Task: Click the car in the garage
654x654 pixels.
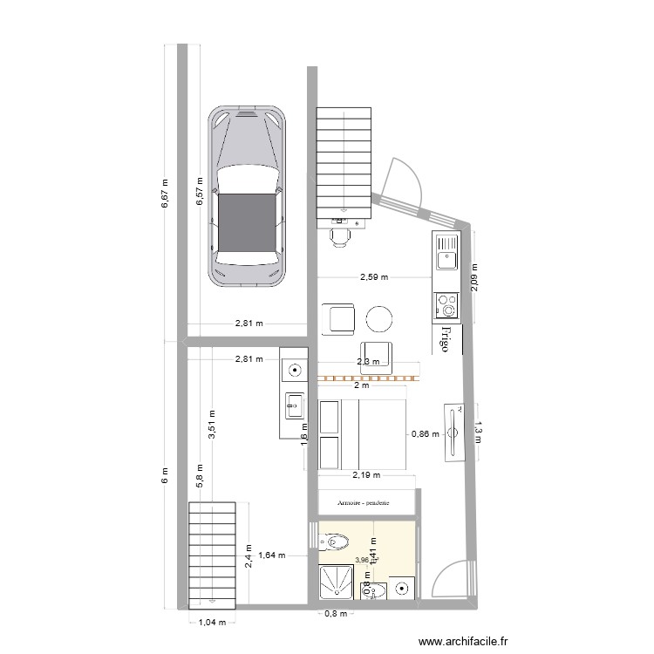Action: [247, 197]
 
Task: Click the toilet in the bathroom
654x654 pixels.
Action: [336, 542]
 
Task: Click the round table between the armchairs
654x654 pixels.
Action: [380, 319]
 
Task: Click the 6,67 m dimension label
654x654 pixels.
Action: [165, 194]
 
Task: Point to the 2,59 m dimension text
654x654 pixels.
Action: [374, 277]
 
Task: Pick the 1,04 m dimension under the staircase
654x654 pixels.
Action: [212, 623]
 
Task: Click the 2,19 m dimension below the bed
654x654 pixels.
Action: [366, 476]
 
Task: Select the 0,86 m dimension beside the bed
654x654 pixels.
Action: [425, 433]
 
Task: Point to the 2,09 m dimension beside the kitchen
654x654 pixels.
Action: [476, 279]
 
